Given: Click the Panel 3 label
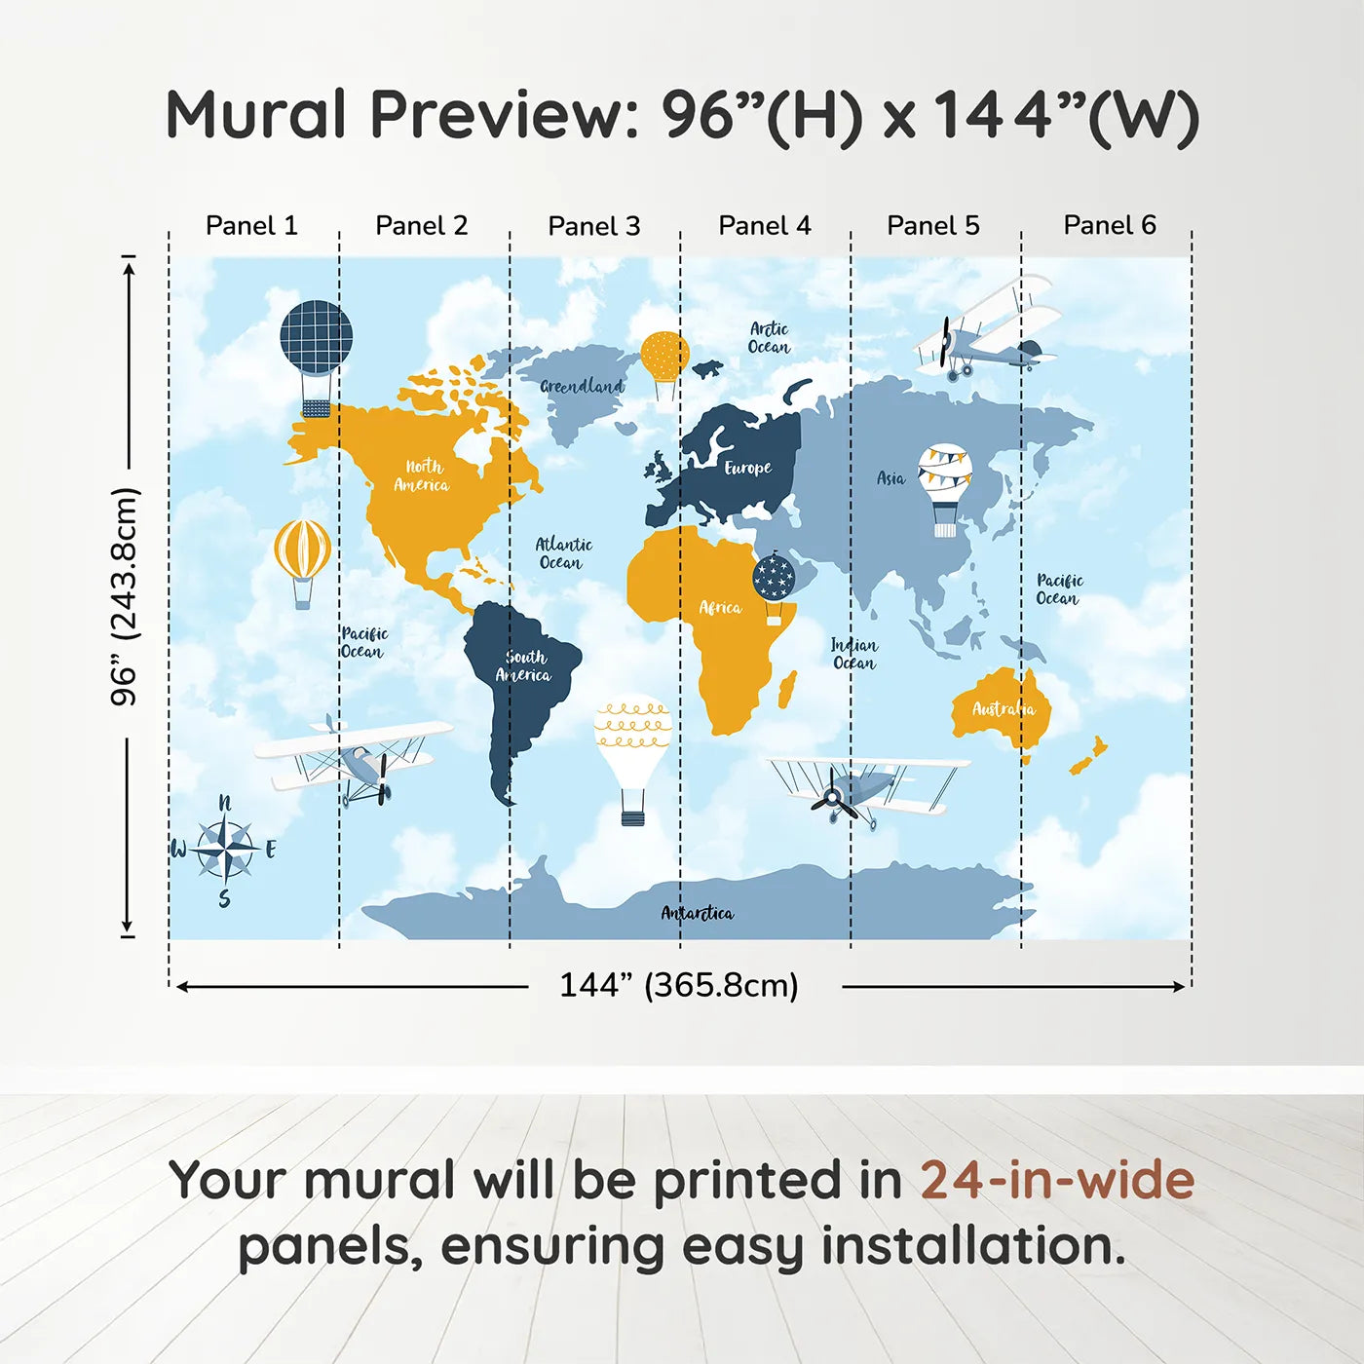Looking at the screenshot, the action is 594,226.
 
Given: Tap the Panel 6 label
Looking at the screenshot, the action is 1109,225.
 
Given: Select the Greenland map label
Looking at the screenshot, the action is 582,386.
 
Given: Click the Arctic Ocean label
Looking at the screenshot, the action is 769,338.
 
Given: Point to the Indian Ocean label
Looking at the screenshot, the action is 854,654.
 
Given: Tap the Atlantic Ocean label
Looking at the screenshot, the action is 563,553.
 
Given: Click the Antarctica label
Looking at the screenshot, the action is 698,913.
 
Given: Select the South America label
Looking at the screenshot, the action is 524,666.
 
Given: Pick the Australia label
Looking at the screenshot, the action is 1003,708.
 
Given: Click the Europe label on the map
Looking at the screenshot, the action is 747,468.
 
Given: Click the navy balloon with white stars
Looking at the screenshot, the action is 774,588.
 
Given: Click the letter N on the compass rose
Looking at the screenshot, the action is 225,803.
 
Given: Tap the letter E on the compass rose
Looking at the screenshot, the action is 271,849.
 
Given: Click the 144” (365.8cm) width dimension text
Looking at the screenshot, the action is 679,985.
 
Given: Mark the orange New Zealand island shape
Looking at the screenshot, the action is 1088,756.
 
